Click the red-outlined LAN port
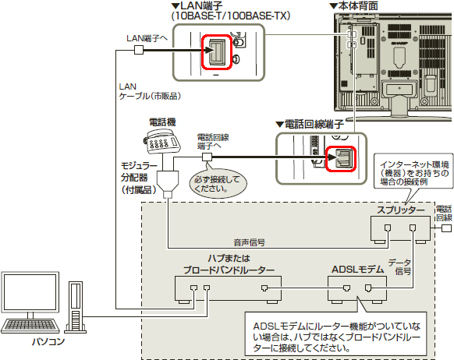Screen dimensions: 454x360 (x=217, y=52)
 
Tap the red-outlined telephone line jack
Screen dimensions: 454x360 (x=341, y=158)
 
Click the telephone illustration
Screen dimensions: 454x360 (x=161, y=142)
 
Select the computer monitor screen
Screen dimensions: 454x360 (x=30, y=292)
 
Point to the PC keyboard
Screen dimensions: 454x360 (x=30, y=326)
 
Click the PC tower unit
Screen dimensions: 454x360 (x=76, y=307)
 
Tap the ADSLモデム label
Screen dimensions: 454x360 (x=357, y=270)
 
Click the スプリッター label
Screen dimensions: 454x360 (x=400, y=210)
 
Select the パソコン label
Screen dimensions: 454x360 (x=48, y=341)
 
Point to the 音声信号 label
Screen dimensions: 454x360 (x=250, y=242)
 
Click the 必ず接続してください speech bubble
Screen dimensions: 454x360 (x=218, y=184)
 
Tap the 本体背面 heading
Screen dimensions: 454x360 (x=354, y=5)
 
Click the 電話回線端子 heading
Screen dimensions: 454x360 (x=310, y=125)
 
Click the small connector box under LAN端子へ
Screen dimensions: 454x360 (x=139, y=50)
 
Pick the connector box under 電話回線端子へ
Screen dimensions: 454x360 (x=207, y=157)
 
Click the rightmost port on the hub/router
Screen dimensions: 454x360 (x=264, y=288)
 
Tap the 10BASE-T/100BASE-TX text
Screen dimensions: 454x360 (x=231, y=16)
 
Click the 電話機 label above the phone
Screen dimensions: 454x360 (x=162, y=122)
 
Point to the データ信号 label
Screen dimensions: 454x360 (x=400, y=267)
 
